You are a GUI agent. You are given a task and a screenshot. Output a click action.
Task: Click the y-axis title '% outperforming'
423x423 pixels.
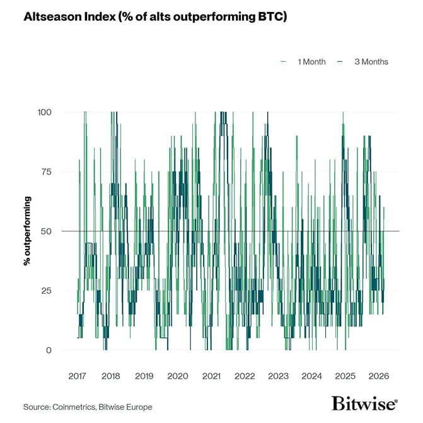[x=27, y=231]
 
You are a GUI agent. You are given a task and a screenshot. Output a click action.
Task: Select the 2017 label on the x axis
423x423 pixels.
[x=77, y=376]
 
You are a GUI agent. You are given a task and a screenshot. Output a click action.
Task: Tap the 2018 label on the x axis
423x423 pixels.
[x=110, y=376]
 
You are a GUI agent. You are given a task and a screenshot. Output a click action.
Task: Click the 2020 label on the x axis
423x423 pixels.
[x=177, y=376]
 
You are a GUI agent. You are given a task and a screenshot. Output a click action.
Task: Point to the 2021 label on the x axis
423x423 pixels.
[x=211, y=376]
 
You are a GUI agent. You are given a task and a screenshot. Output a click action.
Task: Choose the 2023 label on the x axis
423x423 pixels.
[x=278, y=376]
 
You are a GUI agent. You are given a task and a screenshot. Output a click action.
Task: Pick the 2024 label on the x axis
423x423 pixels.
[x=311, y=376]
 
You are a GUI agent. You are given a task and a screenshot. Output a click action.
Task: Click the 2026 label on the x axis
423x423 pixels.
[x=378, y=376]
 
